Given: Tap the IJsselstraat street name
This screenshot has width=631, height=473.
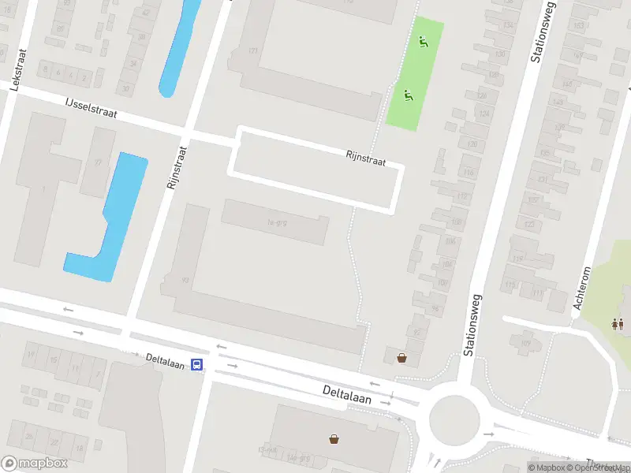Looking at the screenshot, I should tap(91, 109).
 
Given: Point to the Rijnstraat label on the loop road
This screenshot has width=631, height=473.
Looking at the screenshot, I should tap(365, 158).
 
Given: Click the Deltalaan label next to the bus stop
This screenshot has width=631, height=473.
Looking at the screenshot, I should tap(165, 360).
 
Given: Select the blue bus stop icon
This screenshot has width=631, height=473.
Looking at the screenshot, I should tap(197, 365).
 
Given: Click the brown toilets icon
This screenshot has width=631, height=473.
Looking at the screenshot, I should tap(618, 323).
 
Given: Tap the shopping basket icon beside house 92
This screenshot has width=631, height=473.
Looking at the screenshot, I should tap(402, 358).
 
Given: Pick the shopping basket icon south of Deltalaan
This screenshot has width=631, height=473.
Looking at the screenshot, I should tap(334, 438).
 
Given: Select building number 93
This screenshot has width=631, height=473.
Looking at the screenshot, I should tap(185, 279).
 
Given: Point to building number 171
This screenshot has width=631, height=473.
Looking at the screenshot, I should tap(253, 51).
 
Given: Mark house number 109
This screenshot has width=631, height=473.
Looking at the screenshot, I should tap(525, 342).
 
